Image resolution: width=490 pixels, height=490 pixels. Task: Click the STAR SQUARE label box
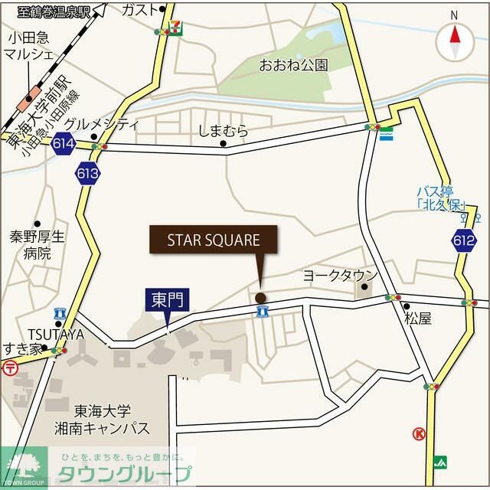pyautogui.click(x=214, y=240)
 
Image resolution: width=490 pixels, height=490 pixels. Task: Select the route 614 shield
pyautogui.click(x=64, y=143)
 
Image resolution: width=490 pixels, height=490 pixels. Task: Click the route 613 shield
pyautogui.click(x=87, y=174)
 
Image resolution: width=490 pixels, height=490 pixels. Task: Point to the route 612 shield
pyautogui.click(x=463, y=240)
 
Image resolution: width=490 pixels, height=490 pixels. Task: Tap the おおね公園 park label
pyautogui.click(x=293, y=64)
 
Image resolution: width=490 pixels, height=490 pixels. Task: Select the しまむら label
pyautogui.click(x=224, y=130)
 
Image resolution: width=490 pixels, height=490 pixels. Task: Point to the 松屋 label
pyautogui.click(x=419, y=318)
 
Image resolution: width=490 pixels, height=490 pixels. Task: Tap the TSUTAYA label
pyautogui.click(x=56, y=334)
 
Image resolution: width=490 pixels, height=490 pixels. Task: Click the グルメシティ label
pyautogui.click(x=101, y=124)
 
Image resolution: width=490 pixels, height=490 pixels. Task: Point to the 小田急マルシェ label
pyautogui.click(x=28, y=45)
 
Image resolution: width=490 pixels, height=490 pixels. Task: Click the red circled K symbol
pyautogui.click(x=419, y=434)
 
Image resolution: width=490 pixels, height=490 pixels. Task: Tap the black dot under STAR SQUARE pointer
pyautogui.click(x=260, y=298)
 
